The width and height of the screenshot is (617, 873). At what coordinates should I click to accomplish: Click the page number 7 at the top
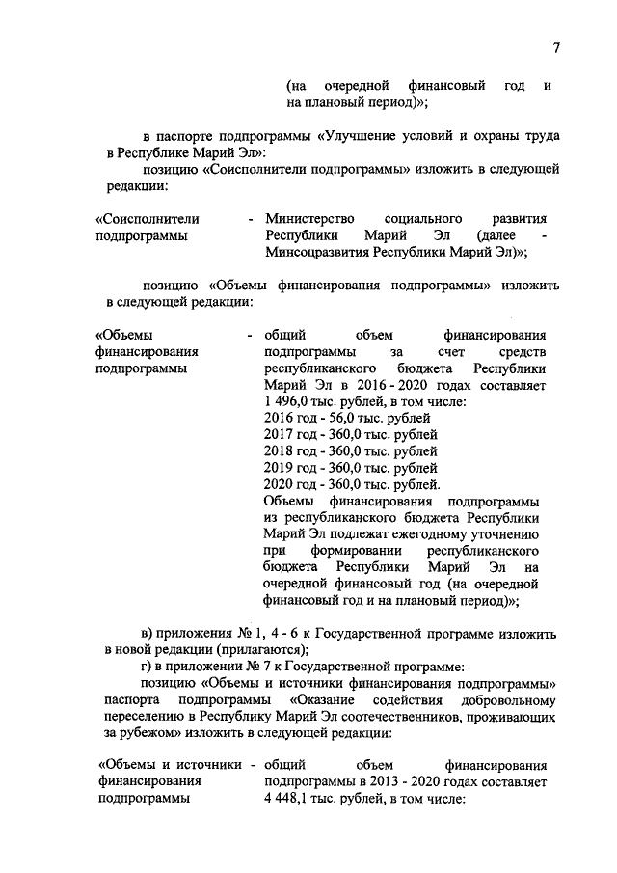(x=556, y=49)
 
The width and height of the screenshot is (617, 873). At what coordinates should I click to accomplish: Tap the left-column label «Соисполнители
(x=141, y=219)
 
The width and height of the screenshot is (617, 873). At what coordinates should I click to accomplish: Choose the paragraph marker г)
(x=148, y=667)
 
